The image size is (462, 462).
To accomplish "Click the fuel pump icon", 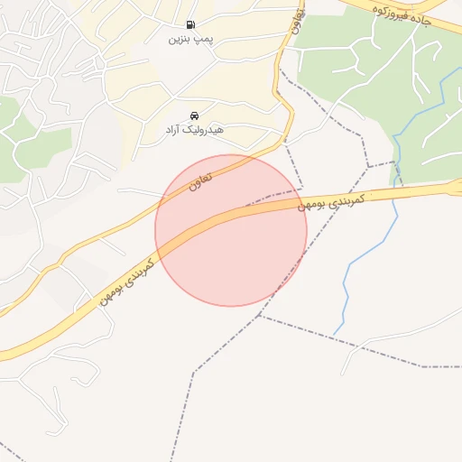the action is point(189,25).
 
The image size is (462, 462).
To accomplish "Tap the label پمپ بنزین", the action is point(191,40).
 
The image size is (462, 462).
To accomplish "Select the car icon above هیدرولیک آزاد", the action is point(194,115).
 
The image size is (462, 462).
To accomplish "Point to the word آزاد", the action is point(173,131).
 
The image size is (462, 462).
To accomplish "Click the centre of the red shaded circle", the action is point(231,230).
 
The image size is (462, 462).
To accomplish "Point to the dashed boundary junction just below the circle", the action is point(260,316).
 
